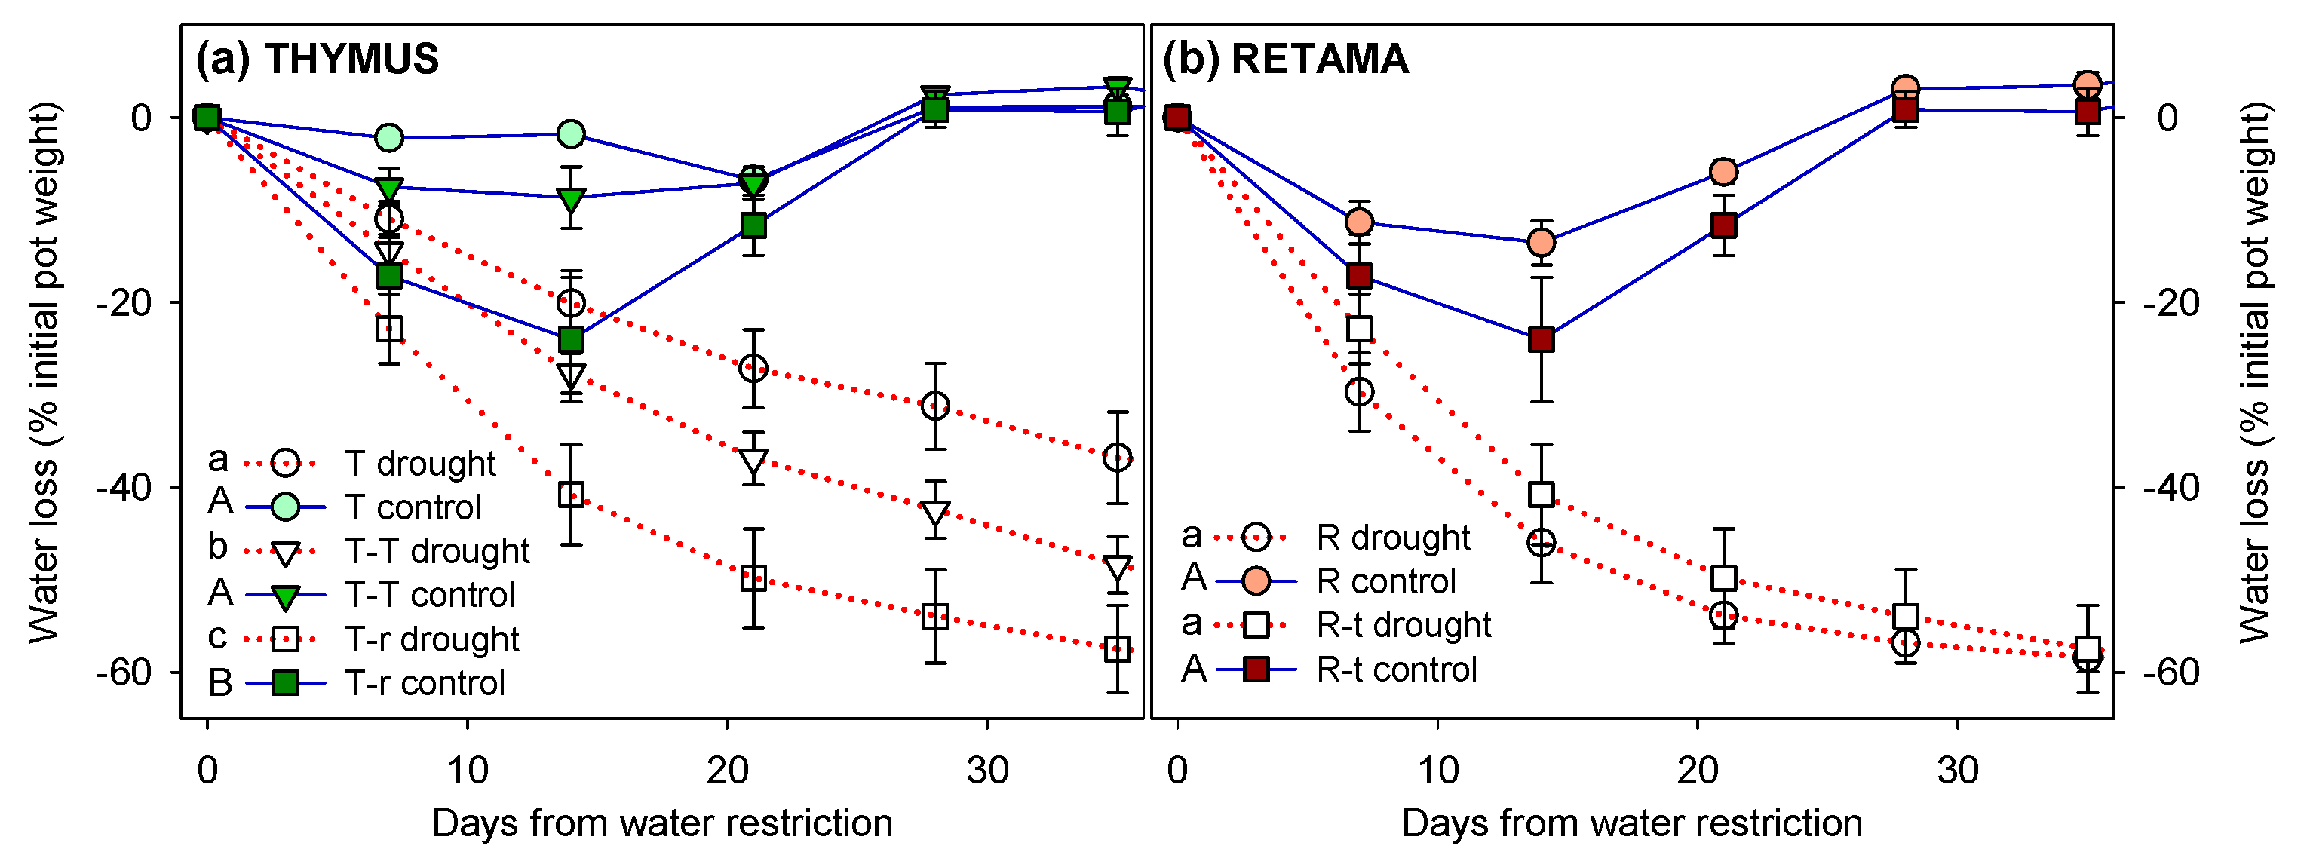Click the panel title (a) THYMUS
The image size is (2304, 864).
click(317, 59)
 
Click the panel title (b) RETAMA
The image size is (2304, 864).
click(1285, 59)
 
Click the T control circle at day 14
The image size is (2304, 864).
click(571, 134)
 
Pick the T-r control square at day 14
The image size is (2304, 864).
click(571, 340)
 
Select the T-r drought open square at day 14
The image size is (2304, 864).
click(571, 495)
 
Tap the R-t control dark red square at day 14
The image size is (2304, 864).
click(1541, 340)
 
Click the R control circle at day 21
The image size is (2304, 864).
click(1723, 172)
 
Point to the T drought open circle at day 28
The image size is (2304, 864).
click(934, 406)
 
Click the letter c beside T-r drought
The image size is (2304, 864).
click(217, 637)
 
